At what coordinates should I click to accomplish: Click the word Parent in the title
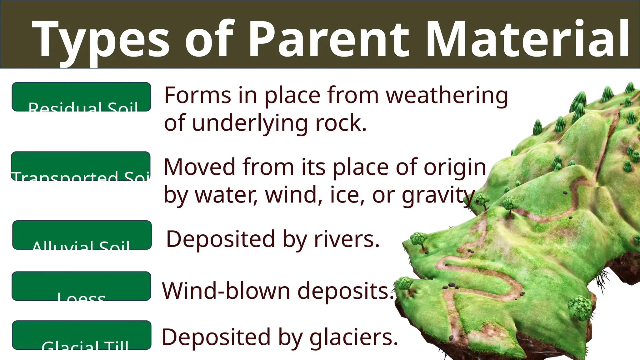pos(328,39)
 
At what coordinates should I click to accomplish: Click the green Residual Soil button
pos(81,97)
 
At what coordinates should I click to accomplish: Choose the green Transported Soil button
pos(81,166)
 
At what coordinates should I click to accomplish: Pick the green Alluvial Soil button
pos(82,235)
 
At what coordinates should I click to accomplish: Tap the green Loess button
pos(81,286)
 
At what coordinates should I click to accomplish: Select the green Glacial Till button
pos(82,335)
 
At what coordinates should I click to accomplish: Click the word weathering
pos(447,95)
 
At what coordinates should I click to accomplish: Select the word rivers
pos(347,239)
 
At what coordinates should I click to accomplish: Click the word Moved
pos(199,167)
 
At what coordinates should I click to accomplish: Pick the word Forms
pos(197,95)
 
